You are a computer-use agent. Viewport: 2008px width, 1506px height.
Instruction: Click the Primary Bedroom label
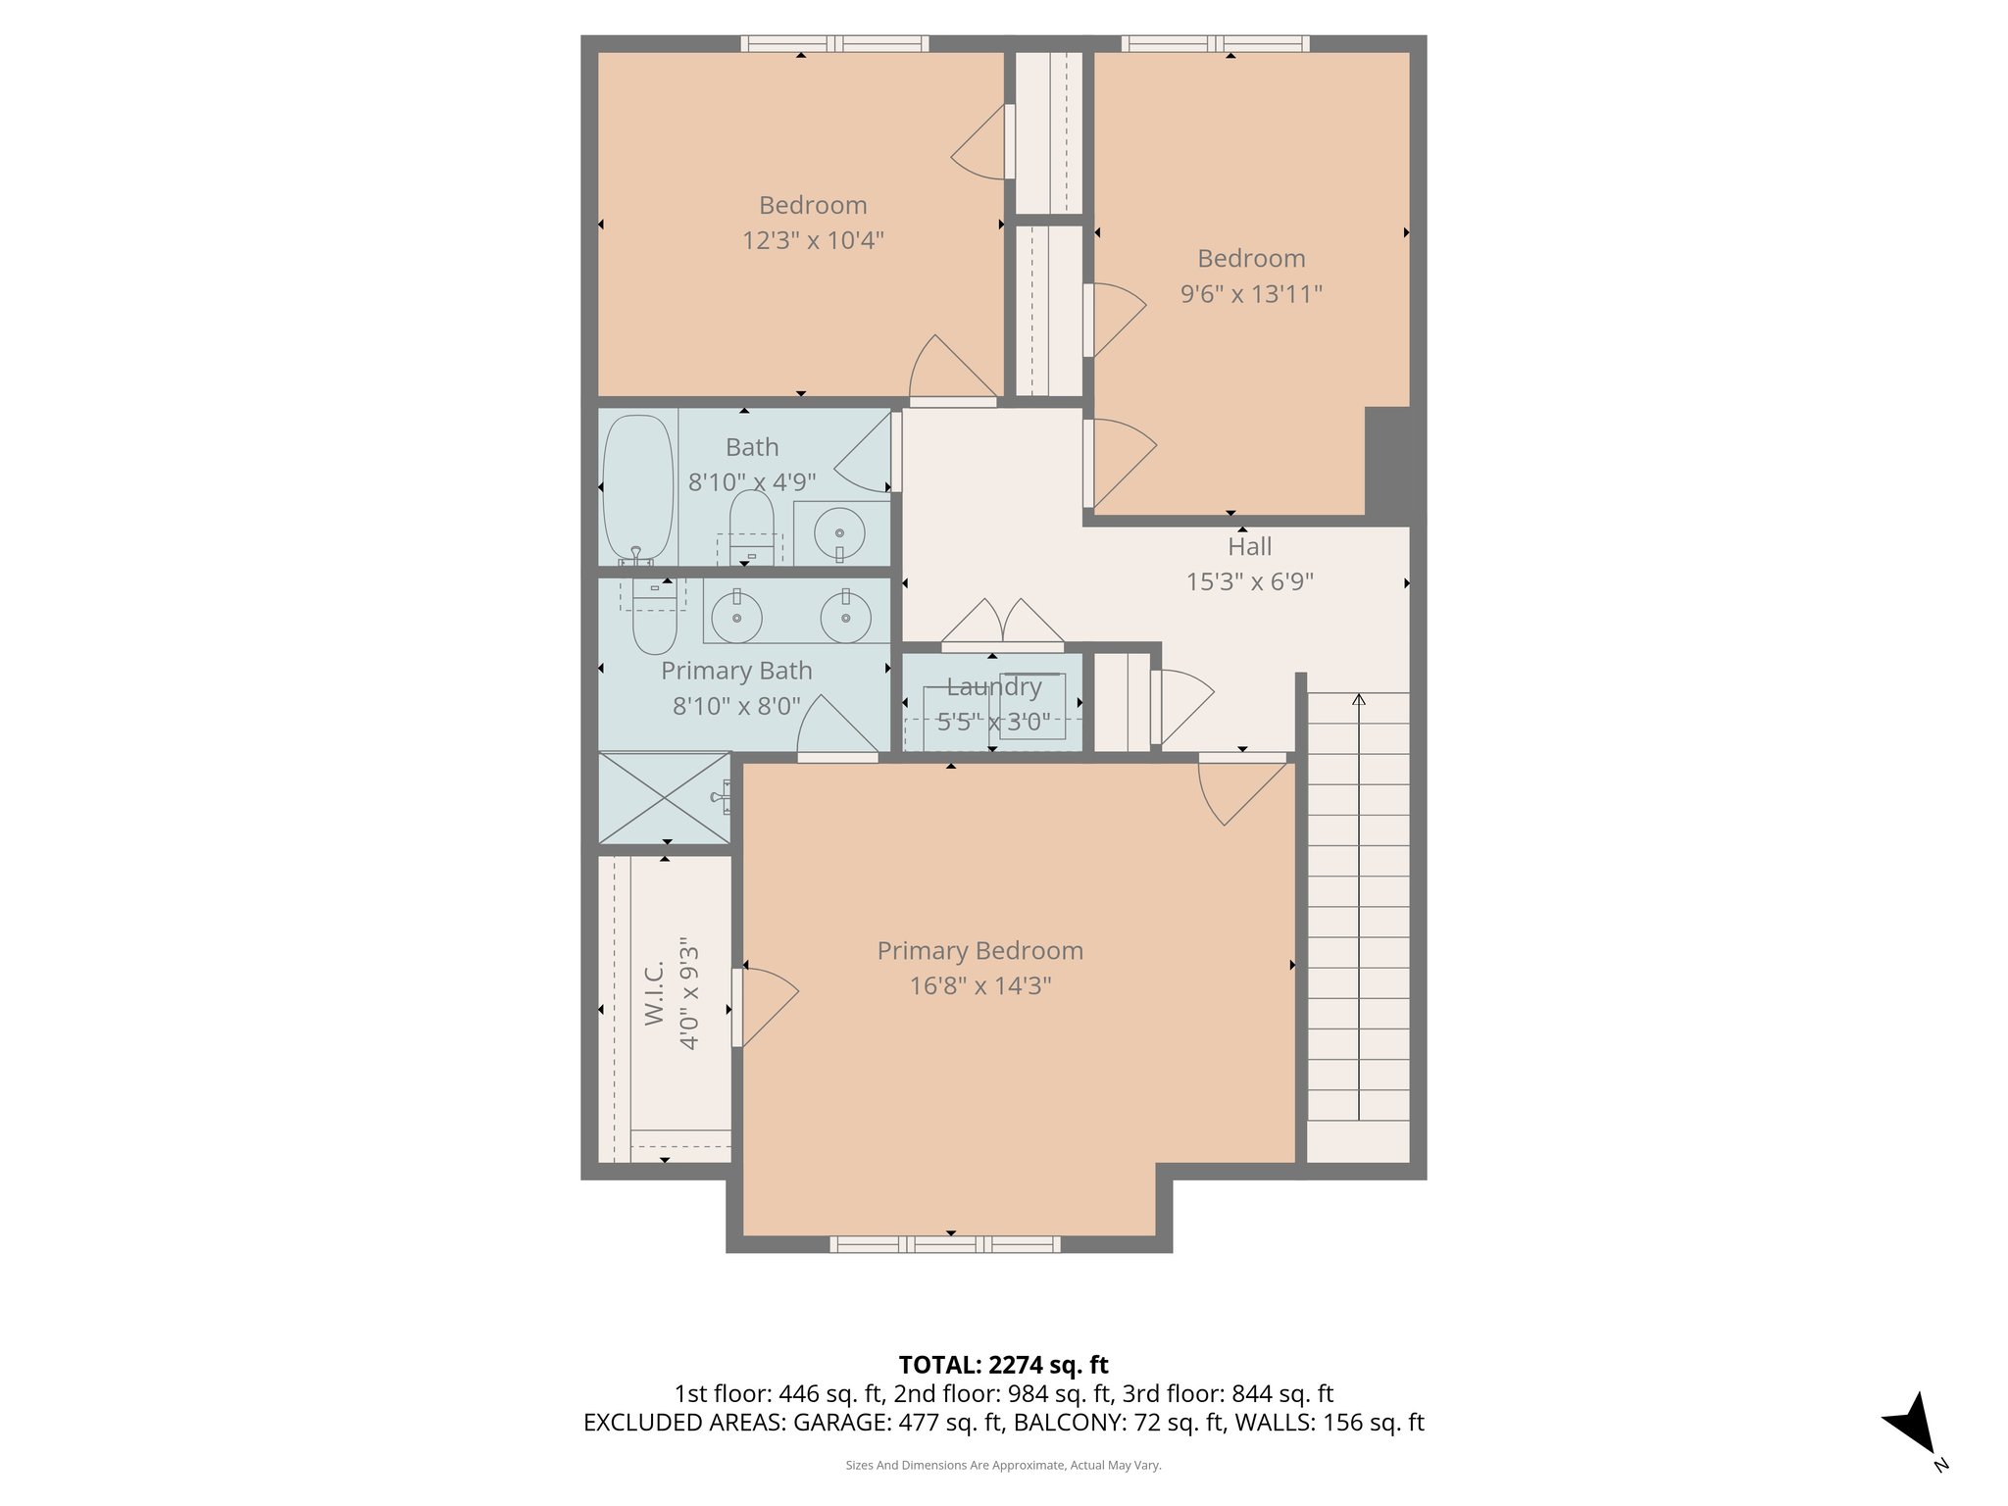979,950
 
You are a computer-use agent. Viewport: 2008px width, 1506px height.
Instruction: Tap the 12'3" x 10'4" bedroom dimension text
813,240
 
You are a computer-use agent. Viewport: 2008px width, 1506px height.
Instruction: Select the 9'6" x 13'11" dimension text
1251,293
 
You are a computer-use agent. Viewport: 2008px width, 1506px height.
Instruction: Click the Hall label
1249,547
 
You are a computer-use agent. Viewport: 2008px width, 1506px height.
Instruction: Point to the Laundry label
993,687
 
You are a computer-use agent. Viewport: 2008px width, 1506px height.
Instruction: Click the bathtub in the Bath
637,487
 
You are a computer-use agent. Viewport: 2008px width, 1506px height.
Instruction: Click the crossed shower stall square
665,798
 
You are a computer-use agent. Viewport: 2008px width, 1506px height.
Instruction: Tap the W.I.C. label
655,993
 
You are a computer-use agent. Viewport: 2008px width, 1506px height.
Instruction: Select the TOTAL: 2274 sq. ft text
1003,1365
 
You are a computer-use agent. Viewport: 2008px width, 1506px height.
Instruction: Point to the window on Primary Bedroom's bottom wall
944,1244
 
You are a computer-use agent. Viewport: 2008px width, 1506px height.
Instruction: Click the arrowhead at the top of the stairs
1359,699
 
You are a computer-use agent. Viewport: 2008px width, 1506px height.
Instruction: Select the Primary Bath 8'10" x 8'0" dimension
736,706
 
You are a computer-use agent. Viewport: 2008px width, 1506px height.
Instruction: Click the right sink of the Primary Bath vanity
845,619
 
